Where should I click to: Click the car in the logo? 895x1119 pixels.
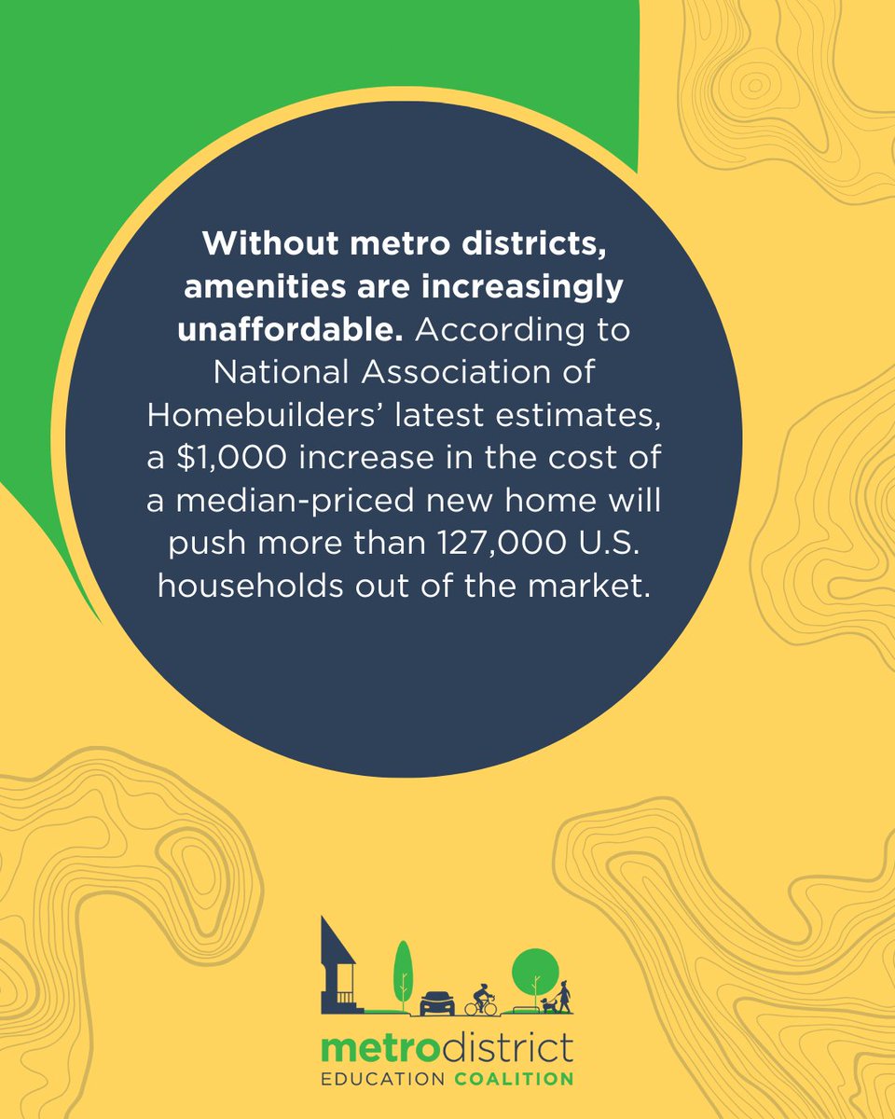point(437,1002)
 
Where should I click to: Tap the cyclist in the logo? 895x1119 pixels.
point(482,1000)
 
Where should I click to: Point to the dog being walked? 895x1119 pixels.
point(548,1004)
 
